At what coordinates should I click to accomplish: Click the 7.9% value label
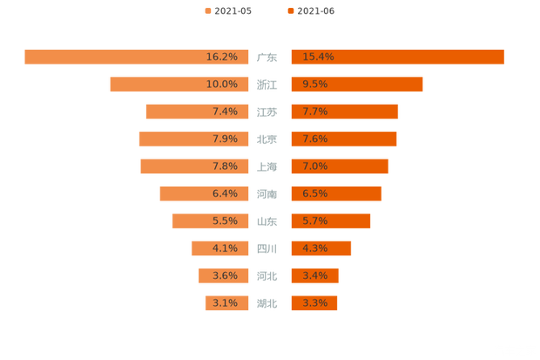[x=225, y=139]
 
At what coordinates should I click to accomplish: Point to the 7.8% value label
[x=225, y=166]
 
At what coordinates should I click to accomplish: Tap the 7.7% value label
[x=314, y=112]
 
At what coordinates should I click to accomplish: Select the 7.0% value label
[x=314, y=166]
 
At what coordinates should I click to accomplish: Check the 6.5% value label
[x=314, y=194]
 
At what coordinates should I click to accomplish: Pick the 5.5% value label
[x=225, y=221]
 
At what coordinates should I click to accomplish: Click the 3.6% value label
[x=225, y=275]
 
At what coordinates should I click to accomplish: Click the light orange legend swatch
[x=206, y=10]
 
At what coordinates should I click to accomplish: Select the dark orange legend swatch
[x=289, y=10]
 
